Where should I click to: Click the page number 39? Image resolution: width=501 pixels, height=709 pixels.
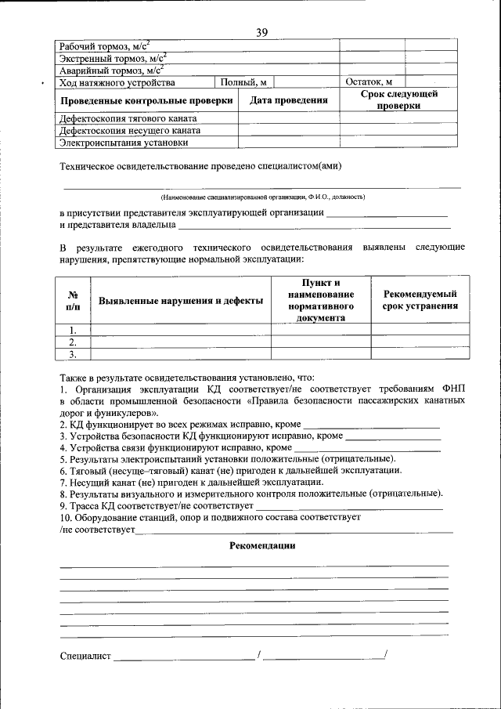pos(261,32)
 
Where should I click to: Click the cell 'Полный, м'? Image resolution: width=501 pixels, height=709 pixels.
pos(243,82)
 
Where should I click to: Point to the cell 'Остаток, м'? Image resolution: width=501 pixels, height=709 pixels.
pos(369,82)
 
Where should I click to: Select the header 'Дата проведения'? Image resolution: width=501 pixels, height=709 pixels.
pos(288,100)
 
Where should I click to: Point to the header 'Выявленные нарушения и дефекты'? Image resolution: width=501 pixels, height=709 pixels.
pos(180,300)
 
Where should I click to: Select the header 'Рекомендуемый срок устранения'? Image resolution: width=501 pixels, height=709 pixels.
pos(420,300)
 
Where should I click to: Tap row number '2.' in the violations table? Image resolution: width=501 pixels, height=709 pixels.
pos(72,342)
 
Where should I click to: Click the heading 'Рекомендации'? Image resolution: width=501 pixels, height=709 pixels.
pos(261,545)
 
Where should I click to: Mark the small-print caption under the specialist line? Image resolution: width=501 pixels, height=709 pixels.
pos(261,196)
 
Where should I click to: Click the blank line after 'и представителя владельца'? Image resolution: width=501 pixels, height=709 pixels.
pos(313,226)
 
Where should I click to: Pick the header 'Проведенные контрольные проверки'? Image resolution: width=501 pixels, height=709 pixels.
pos(147,100)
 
